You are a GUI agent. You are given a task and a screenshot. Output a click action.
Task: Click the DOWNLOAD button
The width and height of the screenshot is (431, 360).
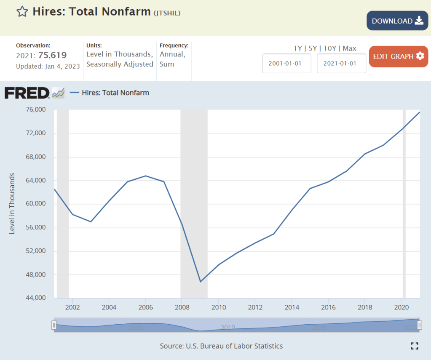pos(397,21)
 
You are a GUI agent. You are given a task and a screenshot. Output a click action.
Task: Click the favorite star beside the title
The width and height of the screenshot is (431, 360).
pos(22,11)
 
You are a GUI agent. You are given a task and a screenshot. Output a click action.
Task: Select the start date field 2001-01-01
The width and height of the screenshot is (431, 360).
pos(286,63)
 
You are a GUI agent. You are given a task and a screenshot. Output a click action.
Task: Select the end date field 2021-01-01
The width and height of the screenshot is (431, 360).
pos(341,63)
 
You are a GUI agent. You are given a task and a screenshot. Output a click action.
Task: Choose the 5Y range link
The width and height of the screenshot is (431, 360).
pos(313,48)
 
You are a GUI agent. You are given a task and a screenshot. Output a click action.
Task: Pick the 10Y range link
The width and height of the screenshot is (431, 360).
pos(330,48)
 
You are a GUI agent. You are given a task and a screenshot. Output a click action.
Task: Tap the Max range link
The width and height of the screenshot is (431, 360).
pos(349,48)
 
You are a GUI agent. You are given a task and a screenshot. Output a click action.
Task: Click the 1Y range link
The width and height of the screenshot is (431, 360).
pos(297,48)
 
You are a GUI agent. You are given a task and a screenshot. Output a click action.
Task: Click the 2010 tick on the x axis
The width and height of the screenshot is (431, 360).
pos(218,307)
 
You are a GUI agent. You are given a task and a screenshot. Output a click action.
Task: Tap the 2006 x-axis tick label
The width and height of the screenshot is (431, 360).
pos(145,307)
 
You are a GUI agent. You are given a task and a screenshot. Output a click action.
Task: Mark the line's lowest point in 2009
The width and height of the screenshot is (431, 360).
pos(201,281)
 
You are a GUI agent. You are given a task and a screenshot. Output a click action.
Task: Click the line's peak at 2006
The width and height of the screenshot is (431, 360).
pos(145,176)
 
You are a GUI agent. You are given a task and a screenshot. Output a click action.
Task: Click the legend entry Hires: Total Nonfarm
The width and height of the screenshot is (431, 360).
pos(115,93)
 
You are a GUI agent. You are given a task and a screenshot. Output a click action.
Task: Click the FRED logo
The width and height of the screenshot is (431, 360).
pos(27,93)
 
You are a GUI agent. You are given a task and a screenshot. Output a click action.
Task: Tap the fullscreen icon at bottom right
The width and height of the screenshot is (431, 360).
pos(415,346)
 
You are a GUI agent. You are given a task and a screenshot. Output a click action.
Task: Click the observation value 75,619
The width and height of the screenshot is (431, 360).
pos(52,55)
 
